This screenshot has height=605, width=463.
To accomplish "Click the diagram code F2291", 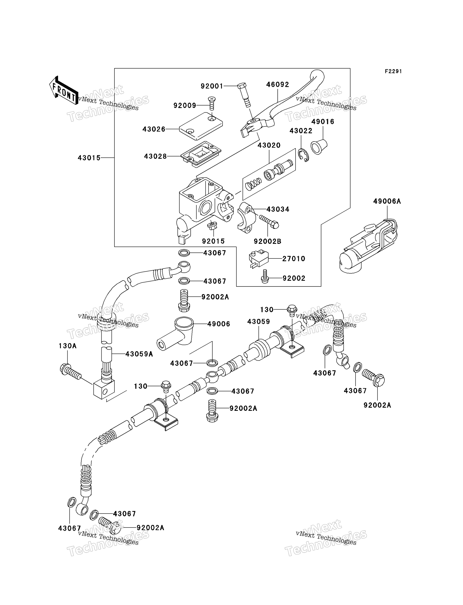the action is (x=393, y=71).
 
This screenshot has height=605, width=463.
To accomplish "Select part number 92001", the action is (x=212, y=86).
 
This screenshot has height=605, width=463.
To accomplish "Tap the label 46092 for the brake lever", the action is (x=278, y=85).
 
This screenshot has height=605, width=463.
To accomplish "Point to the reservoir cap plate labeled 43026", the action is (x=201, y=126).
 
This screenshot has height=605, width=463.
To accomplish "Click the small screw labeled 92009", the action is (x=212, y=103).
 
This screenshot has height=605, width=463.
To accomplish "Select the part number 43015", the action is (x=89, y=158).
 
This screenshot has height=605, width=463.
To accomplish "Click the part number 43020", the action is (x=269, y=145).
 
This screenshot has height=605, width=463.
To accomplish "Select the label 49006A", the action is (x=387, y=201).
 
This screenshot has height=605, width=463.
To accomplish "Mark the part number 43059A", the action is (x=139, y=354).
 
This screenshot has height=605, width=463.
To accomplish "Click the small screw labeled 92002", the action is (x=265, y=276).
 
